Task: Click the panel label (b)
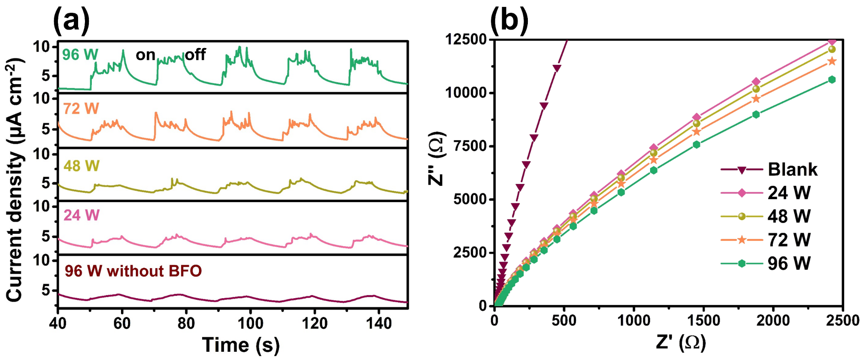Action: (509, 20)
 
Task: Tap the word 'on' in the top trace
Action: (145, 55)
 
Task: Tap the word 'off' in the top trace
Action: (195, 54)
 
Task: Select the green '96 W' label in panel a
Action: (80, 55)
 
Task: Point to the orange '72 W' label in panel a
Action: (81, 109)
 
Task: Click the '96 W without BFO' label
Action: (133, 271)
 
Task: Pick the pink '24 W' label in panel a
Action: (82, 215)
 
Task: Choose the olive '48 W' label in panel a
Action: (82, 166)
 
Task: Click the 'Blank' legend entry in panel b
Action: (769, 170)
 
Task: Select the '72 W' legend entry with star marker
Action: (766, 240)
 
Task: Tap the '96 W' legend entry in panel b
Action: (766, 263)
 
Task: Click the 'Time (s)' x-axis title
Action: (241, 345)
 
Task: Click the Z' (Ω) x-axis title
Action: (681, 342)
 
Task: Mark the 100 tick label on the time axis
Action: (250, 323)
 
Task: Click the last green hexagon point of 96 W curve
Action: (832, 80)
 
